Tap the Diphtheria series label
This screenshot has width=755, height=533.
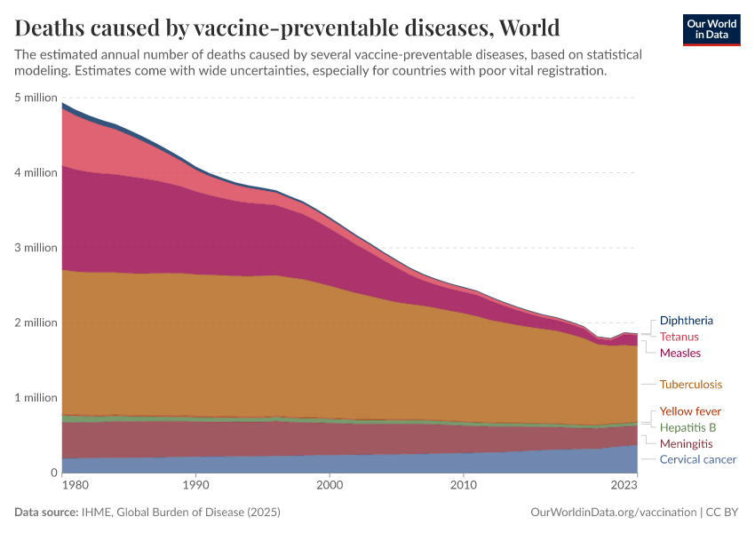(x=686, y=321)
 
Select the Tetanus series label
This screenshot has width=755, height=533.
(x=679, y=337)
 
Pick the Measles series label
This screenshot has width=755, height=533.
(x=679, y=353)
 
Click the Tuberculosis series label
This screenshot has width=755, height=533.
(x=690, y=385)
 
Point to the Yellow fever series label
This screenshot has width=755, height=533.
(x=690, y=411)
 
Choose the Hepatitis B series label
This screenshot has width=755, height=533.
(x=687, y=427)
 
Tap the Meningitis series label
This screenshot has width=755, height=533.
(x=686, y=443)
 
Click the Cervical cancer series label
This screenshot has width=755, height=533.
(x=697, y=459)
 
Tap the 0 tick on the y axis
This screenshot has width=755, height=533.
(x=54, y=473)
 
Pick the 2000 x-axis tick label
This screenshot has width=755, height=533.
(x=330, y=486)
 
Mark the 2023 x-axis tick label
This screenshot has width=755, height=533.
(x=624, y=486)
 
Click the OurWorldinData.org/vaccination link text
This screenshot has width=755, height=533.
(x=612, y=513)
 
